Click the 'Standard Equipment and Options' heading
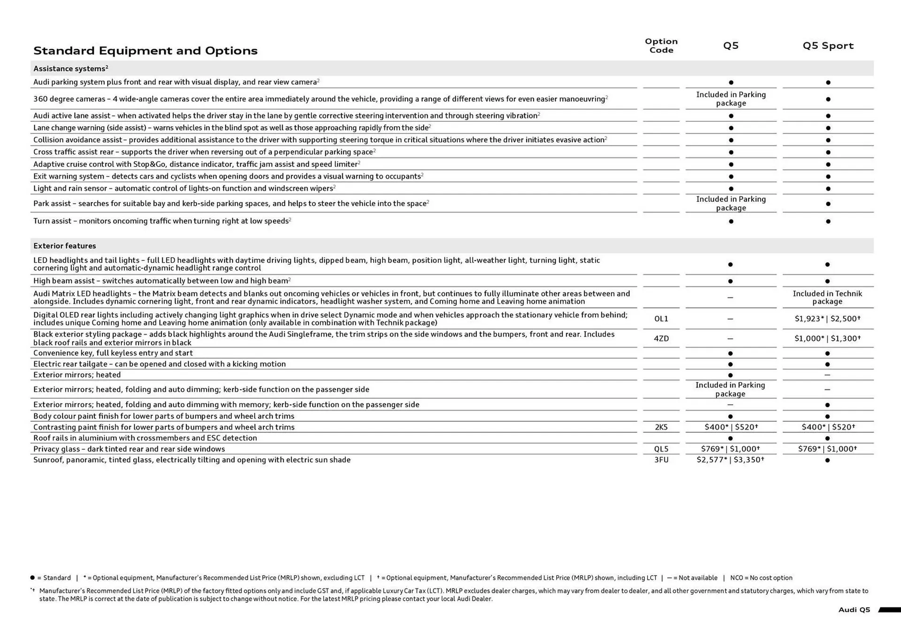tap(145, 51)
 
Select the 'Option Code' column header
tap(661, 45)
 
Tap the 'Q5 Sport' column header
tap(828, 45)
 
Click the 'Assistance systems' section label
tap(70, 68)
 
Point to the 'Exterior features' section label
tap(65, 246)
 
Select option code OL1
tap(661, 319)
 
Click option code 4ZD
tap(661, 339)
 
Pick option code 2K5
tap(661, 427)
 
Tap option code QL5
tap(661, 449)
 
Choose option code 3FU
tap(661, 460)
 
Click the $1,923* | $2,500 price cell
tap(827, 319)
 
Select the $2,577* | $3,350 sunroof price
tap(730, 460)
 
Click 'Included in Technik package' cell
tap(827, 297)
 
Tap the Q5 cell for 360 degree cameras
tap(731, 99)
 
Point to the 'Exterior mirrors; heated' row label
tap(77, 375)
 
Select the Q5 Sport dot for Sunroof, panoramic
tap(827, 460)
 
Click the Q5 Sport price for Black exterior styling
tap(827, 339)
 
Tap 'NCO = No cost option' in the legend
tap(761, 578)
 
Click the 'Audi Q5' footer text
tap(854, 610)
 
